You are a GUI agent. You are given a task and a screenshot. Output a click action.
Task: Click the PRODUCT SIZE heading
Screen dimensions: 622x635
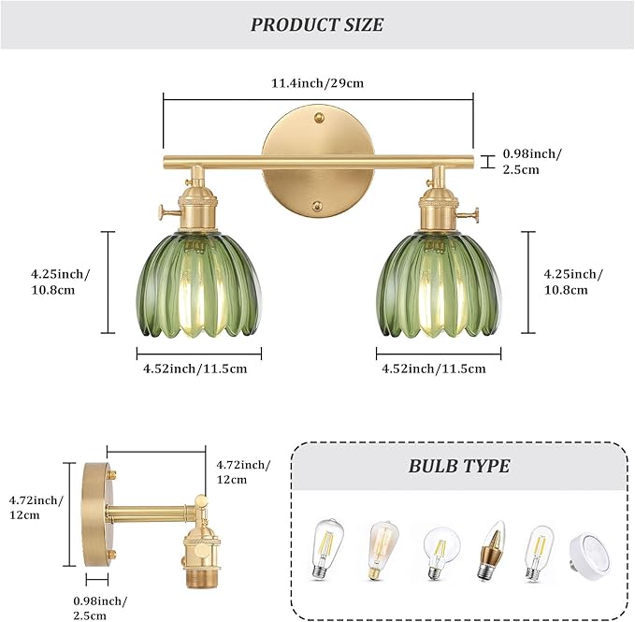tap(317, 24)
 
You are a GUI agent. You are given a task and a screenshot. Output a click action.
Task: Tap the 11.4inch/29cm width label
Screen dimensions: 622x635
tap(317, 83)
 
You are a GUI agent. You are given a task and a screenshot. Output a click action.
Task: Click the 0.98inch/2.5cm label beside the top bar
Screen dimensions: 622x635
tap(533, 161)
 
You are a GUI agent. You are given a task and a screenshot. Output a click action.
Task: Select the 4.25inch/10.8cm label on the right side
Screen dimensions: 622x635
tap(573, 282)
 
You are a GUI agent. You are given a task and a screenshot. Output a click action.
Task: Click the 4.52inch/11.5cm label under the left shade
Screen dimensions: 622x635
tap(195, 369)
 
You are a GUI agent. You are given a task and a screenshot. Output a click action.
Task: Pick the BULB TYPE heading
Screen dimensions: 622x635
tap(458, 466)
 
